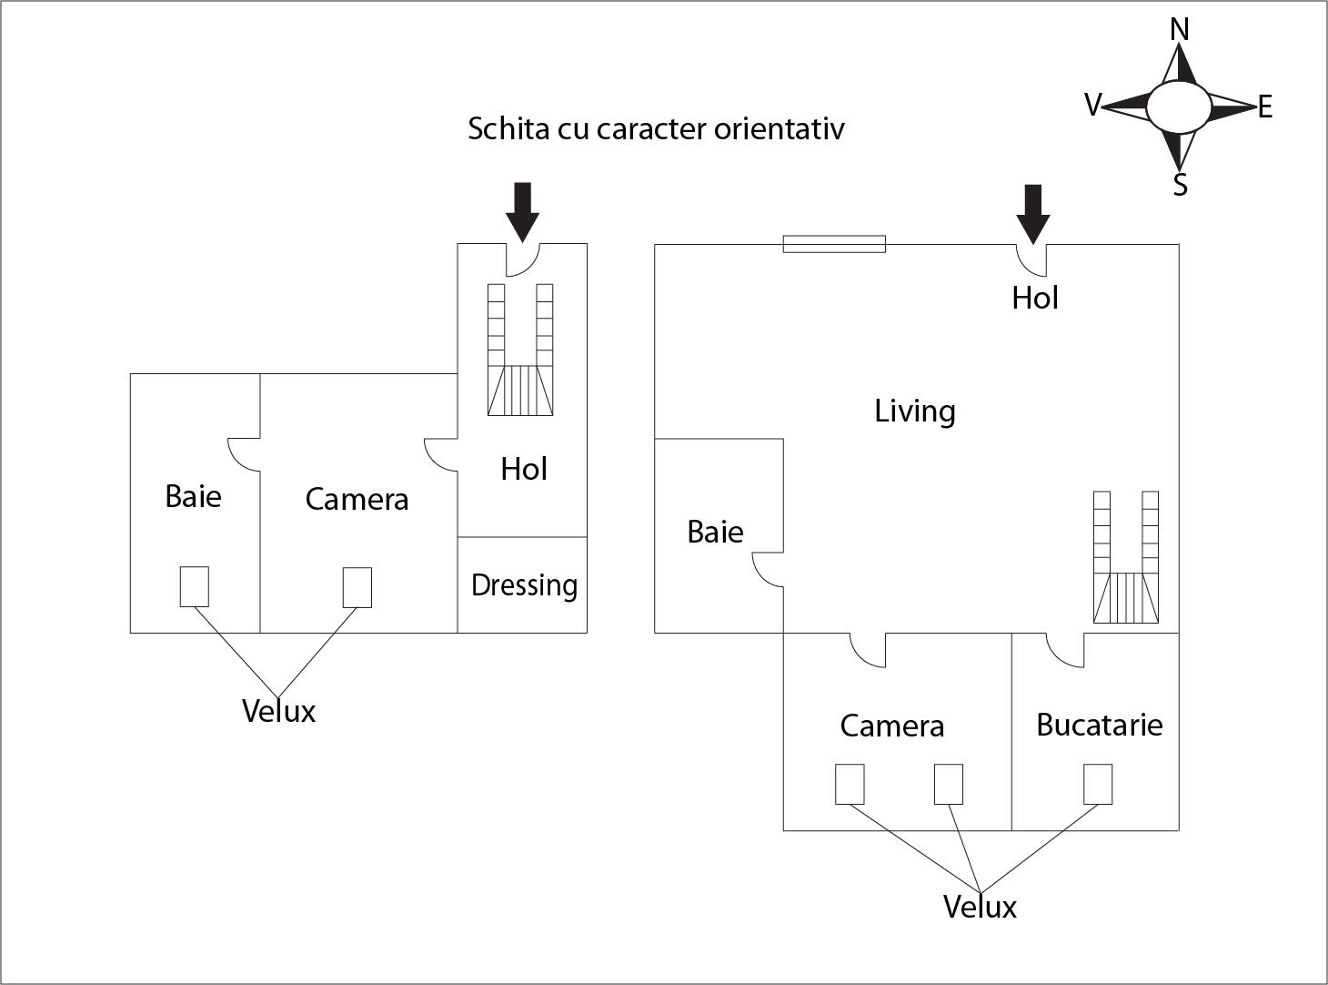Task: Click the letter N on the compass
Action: tap(1180, 30)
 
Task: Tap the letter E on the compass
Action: tap(1264, 108)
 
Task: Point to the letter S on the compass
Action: tap(1180, 185)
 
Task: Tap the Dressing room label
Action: tap(524, 585)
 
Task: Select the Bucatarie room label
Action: tap(1099, 725)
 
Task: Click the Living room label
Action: tap(914, 411)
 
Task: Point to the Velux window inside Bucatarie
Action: tap(1097, 784)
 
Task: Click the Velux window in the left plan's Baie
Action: tap(194, 586)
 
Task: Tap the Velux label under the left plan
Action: tap(278, 711)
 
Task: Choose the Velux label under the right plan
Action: tap(980, 907)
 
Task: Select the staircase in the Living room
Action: tap(1125, 557)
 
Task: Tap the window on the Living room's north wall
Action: tap(834, 244)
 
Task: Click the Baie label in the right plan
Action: tap(715, 532)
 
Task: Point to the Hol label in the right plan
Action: tap(1035, 298)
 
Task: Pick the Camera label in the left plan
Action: tap(357, 499)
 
